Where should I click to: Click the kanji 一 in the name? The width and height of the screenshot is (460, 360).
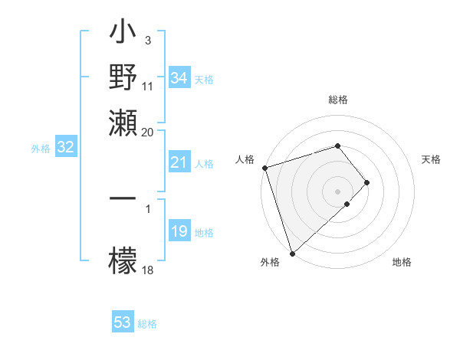point(123,198)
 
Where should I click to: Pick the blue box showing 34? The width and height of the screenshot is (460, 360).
point(179,78)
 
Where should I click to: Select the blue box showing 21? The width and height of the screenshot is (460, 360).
point(179,162)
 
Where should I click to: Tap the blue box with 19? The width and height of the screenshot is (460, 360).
point(179,231)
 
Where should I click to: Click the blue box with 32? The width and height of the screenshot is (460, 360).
point(65,148)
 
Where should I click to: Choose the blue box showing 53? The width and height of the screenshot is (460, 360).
point(122,322)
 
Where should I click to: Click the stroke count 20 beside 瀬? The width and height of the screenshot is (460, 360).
point(147,133)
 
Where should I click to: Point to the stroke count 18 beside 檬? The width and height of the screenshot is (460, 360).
point(147,270)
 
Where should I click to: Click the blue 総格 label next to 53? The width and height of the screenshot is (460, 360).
point(147,324)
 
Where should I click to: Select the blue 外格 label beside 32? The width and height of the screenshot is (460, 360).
point(40,149)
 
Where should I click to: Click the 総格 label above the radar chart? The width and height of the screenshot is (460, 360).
point(338,100)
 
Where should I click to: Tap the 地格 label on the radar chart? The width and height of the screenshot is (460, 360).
point(402,263)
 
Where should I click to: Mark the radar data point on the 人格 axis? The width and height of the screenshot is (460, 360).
point(264,167)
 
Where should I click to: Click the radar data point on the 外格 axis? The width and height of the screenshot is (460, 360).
point(292,253)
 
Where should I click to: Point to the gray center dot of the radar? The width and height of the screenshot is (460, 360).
point(338,191)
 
